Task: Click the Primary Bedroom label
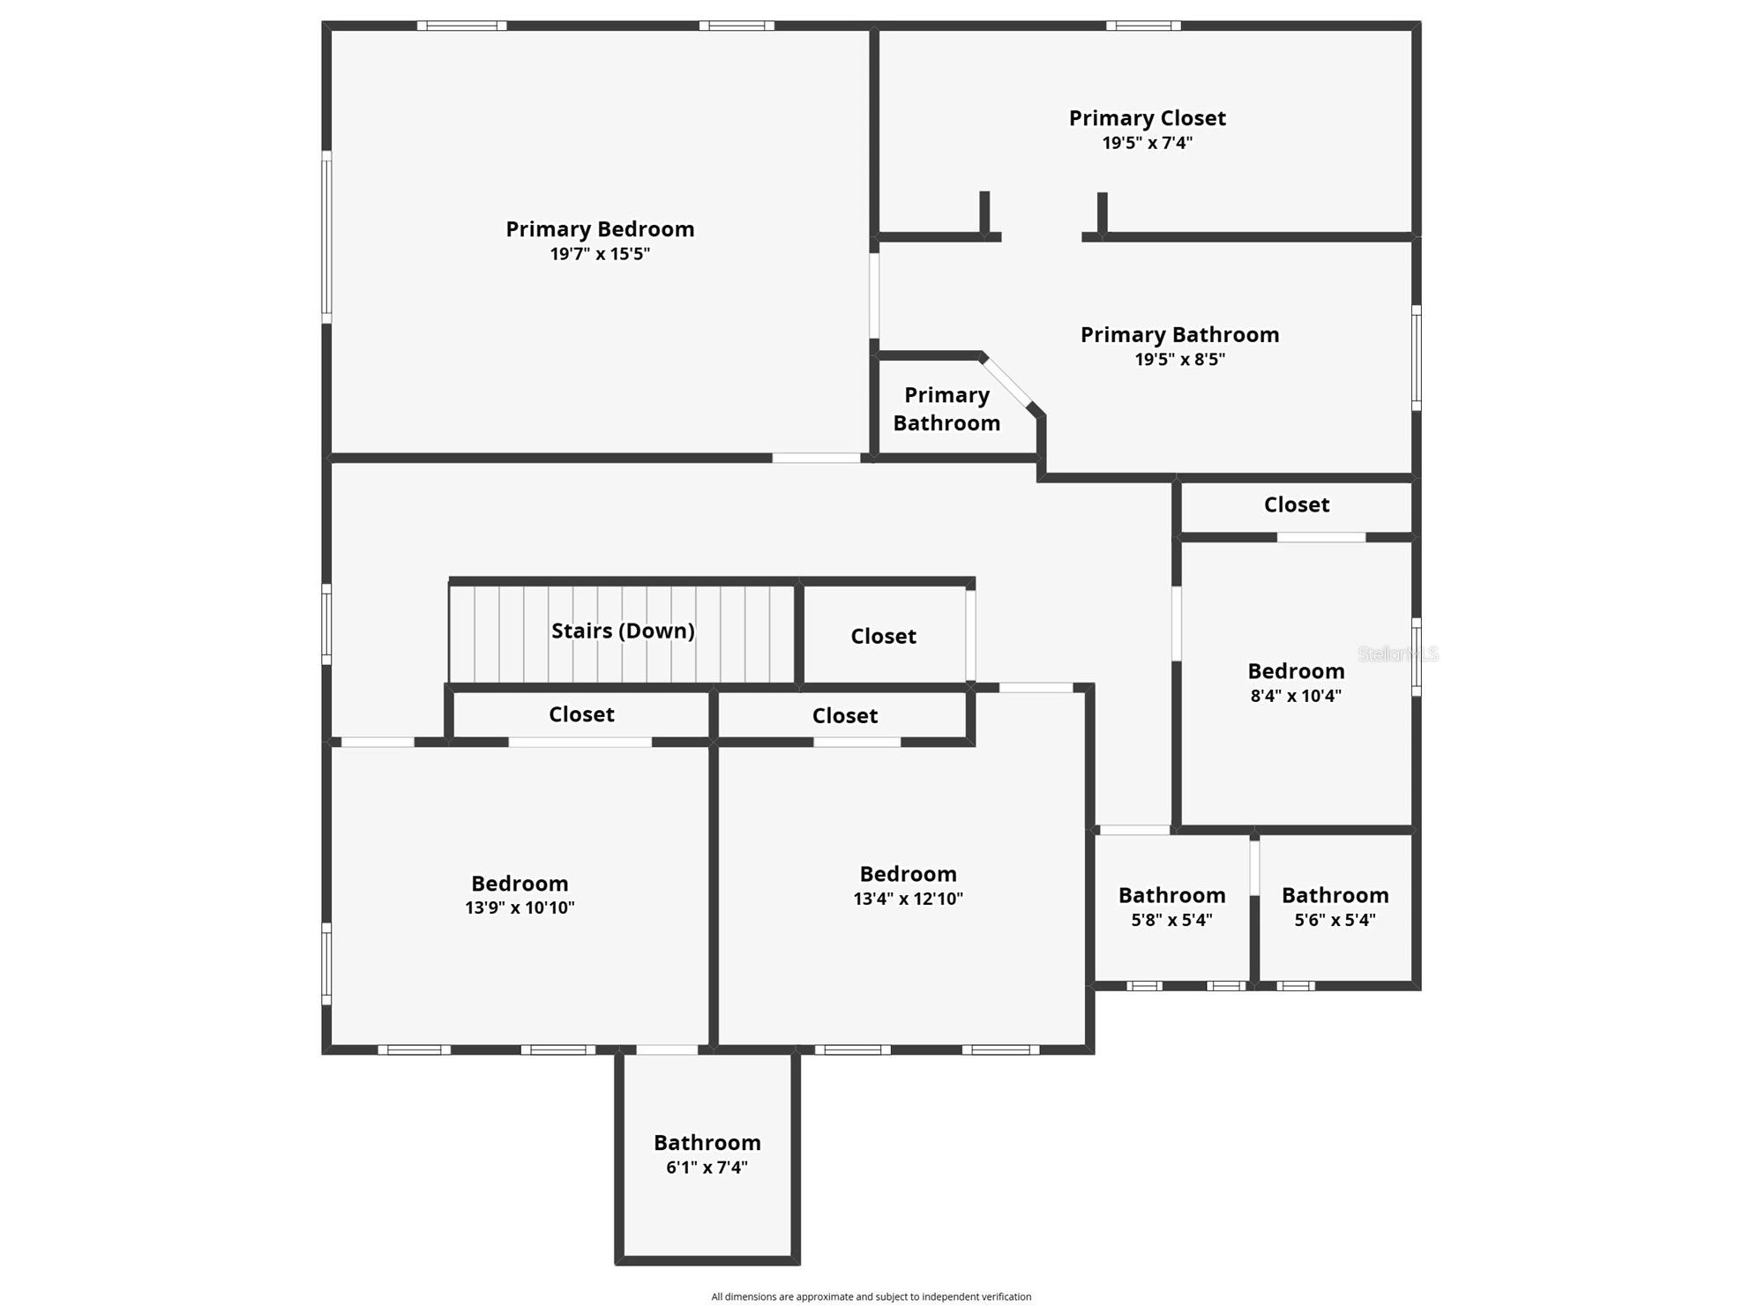pos(600,229)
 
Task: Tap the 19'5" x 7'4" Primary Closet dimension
pos(1147,143)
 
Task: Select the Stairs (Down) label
pos(623,631)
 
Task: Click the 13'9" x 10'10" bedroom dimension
pos(520,907)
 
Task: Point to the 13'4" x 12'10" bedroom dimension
pos(908,899)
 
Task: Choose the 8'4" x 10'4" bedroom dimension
pos(1296,696)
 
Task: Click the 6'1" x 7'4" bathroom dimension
pos(707,1168)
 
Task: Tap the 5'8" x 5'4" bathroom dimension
pos(1171,920)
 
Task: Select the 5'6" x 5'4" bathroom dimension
pos(1335,920)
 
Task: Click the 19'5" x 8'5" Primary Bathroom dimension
pos(1179,359)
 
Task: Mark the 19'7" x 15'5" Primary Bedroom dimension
pos(600,254)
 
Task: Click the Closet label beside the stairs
pos(883,636)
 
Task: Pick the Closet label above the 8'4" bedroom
pos(1296,504)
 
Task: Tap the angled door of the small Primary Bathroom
pos(1007,381)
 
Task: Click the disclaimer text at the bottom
pos(871,1296)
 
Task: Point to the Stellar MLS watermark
pos(1398,653)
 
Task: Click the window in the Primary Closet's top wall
pos(1143,26)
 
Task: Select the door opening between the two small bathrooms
pos(1254,868)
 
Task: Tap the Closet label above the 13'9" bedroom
pos(581,714)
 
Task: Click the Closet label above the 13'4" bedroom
pos(844,715)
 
